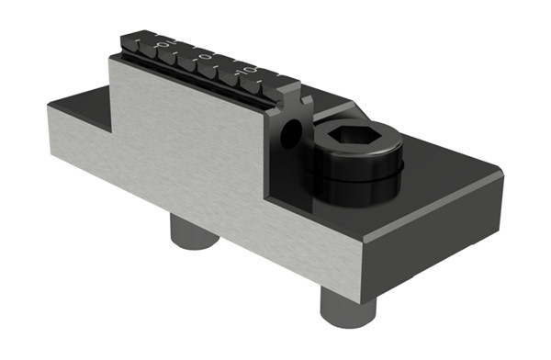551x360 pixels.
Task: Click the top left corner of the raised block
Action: (x=112, y=58)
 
